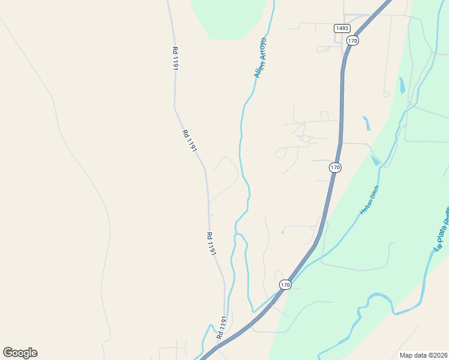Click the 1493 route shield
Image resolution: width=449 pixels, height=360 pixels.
tap(342, 28)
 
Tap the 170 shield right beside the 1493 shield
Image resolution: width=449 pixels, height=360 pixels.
tap(352, 41)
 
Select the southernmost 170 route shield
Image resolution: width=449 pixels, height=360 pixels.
tap(285, 285)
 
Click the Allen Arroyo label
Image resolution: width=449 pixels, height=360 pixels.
tap(261, 58)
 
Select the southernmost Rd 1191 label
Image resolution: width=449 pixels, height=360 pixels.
tap(222, 329)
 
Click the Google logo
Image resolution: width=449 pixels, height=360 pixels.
tap(20, 353)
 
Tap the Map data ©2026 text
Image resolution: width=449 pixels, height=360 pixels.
tap(424, 355)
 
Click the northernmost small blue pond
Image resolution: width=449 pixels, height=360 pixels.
tap(402, 85)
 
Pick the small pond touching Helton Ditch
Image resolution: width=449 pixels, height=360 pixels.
tap(376, 160)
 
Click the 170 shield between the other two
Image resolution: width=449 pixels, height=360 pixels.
tap(335, 167)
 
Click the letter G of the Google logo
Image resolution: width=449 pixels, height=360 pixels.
tap(8, 353)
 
